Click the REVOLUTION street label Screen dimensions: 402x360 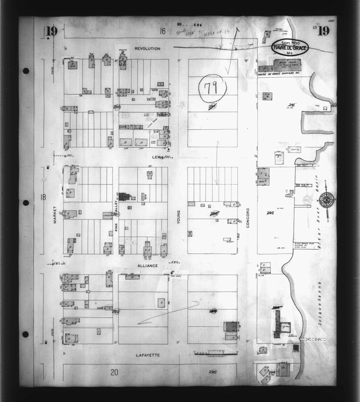(x=147, y=48)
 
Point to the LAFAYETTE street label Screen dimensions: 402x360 (x=148, y=355)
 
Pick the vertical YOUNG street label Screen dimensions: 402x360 (x=179, y=217)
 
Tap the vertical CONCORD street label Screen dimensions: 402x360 (x=248, y=218)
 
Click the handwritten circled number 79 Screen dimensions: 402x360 (x=212, y=88)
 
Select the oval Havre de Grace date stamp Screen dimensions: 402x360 (x=290, y=47)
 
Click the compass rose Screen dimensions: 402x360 (x=327, y=199)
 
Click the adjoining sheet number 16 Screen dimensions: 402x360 (x=162, y=31)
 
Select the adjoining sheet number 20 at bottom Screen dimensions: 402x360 (x=114, y=372)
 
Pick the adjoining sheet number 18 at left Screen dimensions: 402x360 (x=43, y=197)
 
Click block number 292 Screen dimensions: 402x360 (x=270, y=213)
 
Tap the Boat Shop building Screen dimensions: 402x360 (x=287, y=64)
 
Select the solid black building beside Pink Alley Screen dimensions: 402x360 (x=124, y=197)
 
